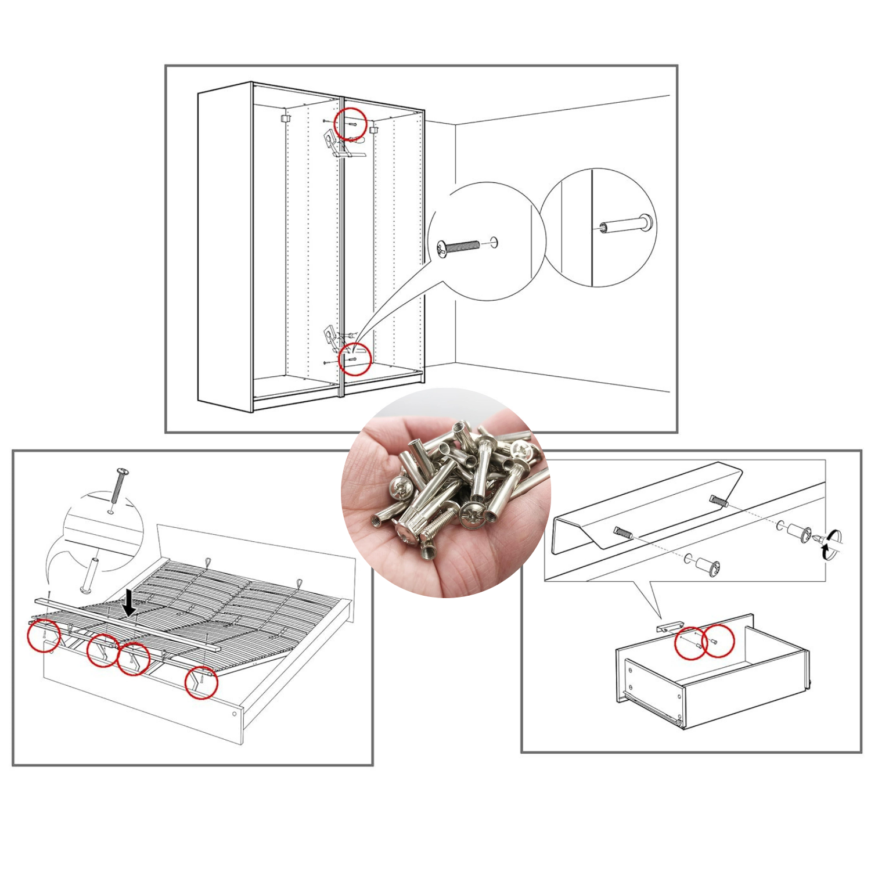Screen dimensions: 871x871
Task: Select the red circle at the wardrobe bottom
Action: point(354,359)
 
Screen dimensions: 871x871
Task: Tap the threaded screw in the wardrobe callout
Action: point(458,247)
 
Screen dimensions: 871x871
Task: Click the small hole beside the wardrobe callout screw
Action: point(494,242)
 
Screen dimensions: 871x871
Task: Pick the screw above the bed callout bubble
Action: point(118,485)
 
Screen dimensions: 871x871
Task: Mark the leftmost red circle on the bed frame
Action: point(44,635)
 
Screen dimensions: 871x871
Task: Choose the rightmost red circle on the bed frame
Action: point(201,682)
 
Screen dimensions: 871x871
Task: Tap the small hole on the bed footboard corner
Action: point(234,714)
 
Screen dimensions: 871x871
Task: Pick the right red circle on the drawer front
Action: point(718,640)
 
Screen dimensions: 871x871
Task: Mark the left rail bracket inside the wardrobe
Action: point(284,118)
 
